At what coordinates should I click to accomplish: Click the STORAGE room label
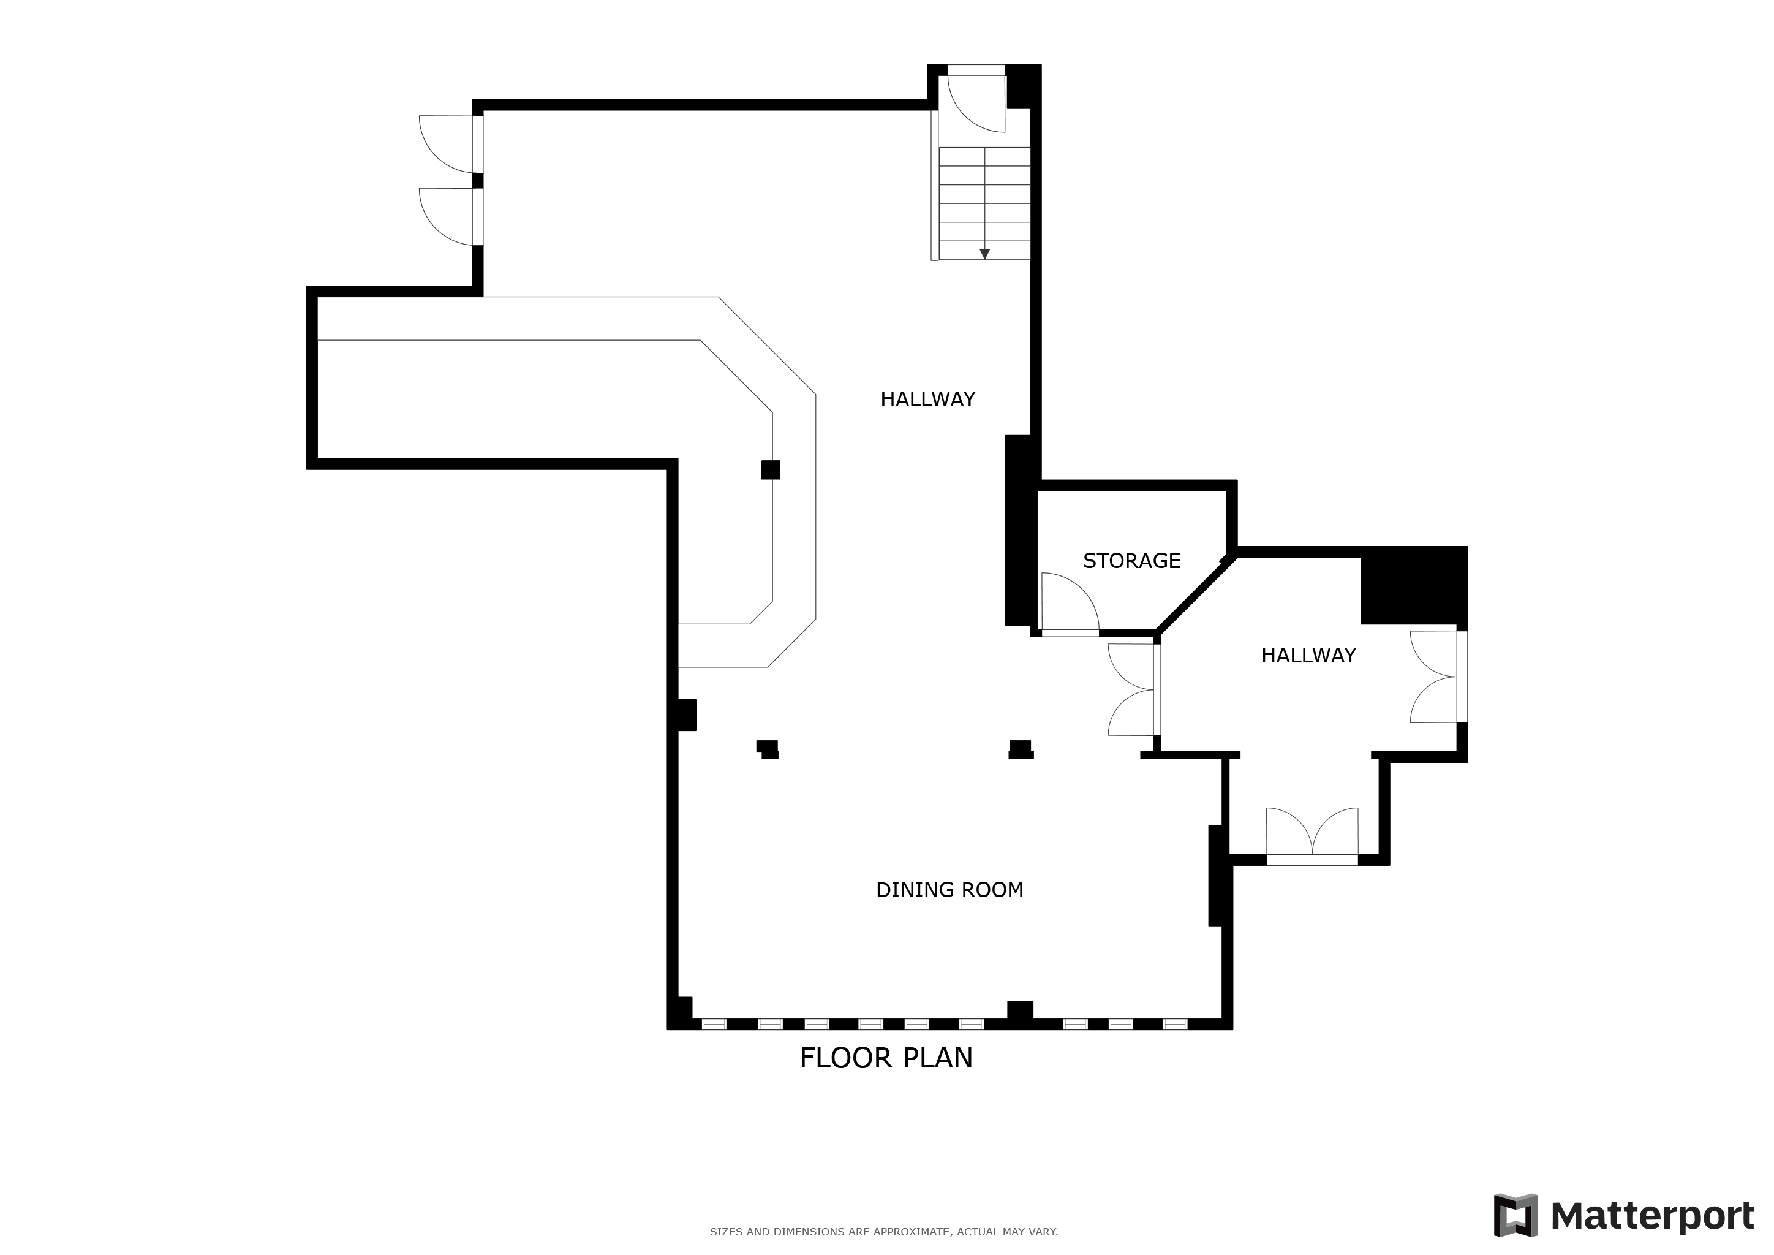(x=1131, y=561)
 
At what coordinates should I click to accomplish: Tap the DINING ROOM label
(x=949, y=890)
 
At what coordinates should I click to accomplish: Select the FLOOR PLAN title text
(x=886, y=1058)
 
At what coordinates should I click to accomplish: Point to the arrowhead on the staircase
(x=984, y=254)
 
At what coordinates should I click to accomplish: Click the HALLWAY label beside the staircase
(x=928, y=400)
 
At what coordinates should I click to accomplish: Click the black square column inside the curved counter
(x=771, y=470)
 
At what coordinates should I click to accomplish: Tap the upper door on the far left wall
(x=448, y=145)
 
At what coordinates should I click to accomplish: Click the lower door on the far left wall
(x=448, y=216)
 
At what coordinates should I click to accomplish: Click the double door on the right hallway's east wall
(x=1438, y=677)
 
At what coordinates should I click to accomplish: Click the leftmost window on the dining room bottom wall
(x=714, y=1024)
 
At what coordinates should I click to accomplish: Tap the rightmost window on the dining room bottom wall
(x=1175, y=1024)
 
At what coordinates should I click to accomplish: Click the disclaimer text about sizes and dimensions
(x=884, y=1232)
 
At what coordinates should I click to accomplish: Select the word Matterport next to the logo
(x=1652, y=1216)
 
